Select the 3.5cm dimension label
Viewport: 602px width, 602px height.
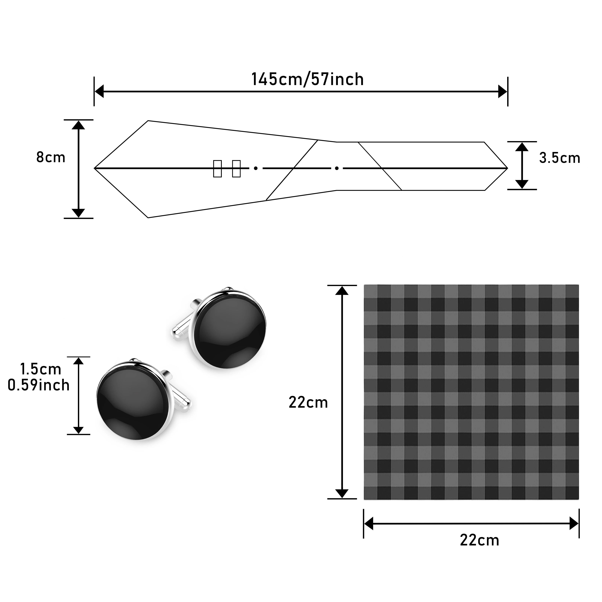tap(560, 158)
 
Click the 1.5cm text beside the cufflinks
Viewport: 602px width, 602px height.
tap(40, 369)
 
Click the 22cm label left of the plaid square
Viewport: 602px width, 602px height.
tap(308, 403)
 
